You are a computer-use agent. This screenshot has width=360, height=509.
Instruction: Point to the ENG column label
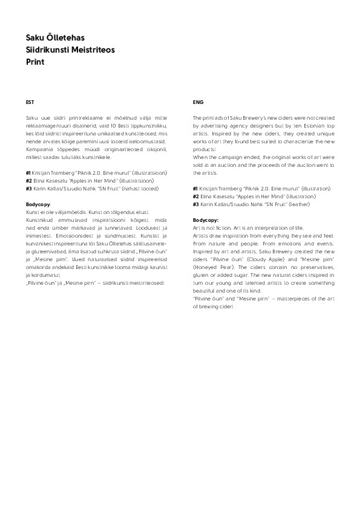pos(197,102)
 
